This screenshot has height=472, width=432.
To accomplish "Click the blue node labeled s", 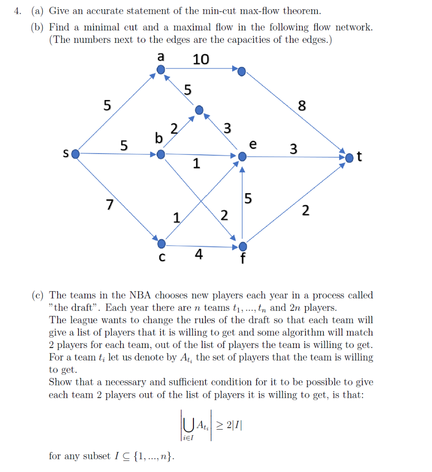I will pos(76,153).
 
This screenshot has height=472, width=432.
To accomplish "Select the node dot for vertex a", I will pos(160,70).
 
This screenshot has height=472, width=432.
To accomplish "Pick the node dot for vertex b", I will pos(160,155).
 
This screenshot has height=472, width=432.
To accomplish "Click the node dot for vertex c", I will pos(161,243).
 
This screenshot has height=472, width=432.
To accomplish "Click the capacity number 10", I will pos(201,59).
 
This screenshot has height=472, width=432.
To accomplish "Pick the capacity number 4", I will pos(198,254).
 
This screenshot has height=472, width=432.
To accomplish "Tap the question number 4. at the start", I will pos(17,10).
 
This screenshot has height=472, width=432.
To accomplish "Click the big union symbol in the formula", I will pos(187,424).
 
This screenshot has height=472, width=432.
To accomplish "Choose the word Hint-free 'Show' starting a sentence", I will pos(60,382).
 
